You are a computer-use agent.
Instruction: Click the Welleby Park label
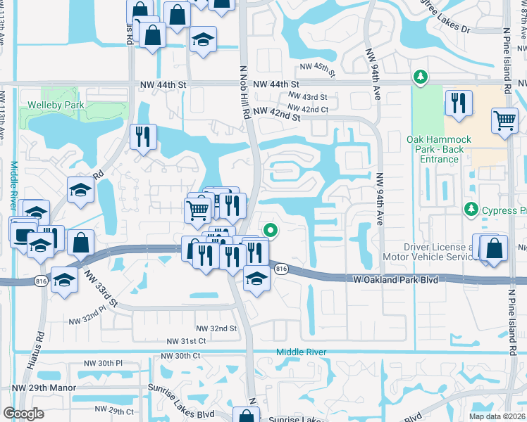(56, 105)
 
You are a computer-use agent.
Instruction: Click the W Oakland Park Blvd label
(395, 280)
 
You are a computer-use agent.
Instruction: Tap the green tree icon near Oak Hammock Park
(421, 77)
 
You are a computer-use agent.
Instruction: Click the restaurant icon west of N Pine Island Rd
(459, 103)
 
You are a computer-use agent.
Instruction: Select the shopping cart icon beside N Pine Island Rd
(505, 121)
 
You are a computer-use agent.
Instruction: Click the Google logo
(23, 414)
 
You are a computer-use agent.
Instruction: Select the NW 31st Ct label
(186, 341)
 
